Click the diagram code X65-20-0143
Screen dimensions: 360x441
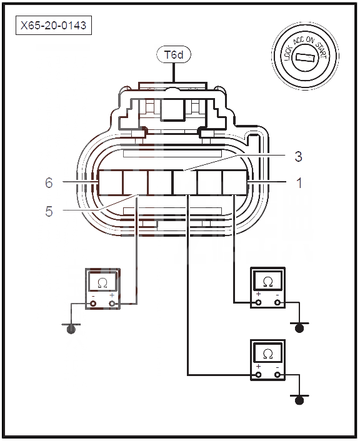(54, 26)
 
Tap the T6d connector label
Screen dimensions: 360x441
(174, 54)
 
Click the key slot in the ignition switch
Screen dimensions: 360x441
(305, 57)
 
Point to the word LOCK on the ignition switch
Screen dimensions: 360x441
(288, 54)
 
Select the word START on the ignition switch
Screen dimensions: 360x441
(321, 51)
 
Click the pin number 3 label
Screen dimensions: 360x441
(299, 156)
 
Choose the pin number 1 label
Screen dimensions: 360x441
(299, 183)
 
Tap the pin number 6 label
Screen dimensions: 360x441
(49, 183)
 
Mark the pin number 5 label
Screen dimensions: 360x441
(49, 211)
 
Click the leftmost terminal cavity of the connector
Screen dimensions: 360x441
(110, 182)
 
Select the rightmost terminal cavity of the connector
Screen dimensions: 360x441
(235, 182)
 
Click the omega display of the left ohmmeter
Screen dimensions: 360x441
(102, 282)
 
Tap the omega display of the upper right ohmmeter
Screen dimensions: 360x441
(267, 280)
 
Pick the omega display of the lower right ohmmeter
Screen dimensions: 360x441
(267, 353)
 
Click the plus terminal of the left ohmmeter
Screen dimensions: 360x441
(112, 304)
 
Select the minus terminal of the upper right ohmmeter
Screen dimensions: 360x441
(277, 302)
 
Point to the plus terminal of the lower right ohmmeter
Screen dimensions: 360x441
(258, 375)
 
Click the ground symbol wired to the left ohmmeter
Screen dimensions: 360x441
(71, 328)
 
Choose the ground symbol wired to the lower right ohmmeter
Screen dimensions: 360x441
(299, 399)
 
